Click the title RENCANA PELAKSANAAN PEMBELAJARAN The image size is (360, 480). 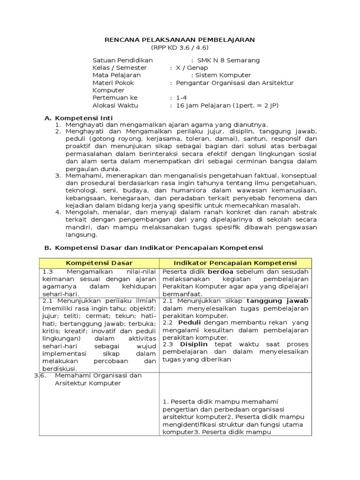pos(179,40)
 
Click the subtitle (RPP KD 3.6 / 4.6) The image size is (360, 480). pos(179,48)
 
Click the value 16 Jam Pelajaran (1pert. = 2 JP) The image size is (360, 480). pos(227,105)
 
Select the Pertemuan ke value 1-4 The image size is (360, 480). pos(181,98)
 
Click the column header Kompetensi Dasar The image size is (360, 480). pos(99,263)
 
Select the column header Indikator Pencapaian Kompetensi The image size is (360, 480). pos(235,263)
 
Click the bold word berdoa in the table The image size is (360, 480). pos(220,272)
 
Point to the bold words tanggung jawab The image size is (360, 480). pos(277,301)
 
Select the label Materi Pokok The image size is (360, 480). pos(113,83)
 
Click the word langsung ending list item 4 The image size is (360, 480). pos(81,235)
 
